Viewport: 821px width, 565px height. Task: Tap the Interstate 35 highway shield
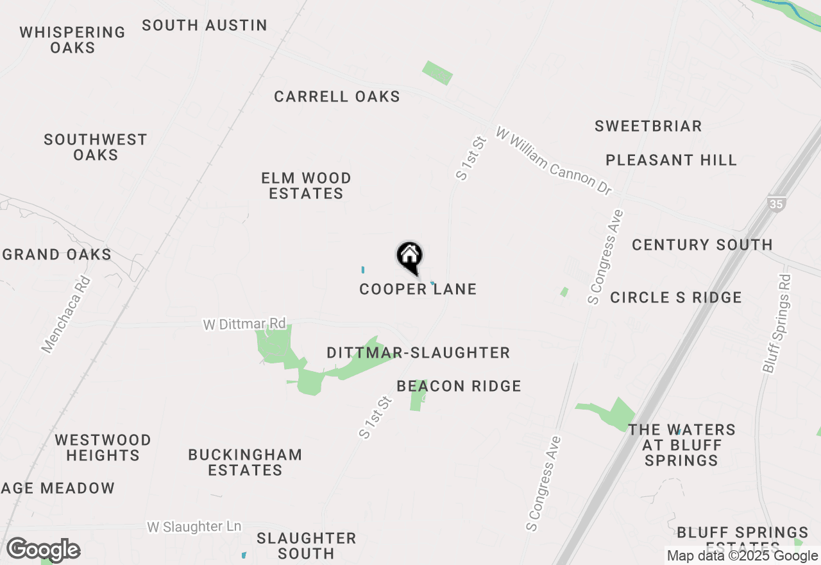tap(775, 204)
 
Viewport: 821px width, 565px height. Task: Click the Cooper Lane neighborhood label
tap(418, 289)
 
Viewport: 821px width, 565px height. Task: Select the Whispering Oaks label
tap(72, 40)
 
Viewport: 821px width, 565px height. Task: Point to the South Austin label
tap(205, 25)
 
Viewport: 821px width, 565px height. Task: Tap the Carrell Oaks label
tap(337, 96)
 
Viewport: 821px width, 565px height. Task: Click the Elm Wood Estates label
tap(306, 186)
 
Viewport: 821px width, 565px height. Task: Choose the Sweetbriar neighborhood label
tap(648, 126)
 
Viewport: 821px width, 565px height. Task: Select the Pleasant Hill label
tap(671, 160)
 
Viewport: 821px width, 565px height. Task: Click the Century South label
tap(702, 245)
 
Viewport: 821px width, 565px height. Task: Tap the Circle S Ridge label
tap(675, 297)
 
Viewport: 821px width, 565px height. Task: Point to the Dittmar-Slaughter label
tap(418, 352)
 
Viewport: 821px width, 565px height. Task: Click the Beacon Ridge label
tap(459, 386)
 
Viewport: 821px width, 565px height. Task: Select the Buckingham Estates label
tap(245, 462)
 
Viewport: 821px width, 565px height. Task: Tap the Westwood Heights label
tap(103, 448)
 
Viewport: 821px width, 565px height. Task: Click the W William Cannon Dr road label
tap(554, 161)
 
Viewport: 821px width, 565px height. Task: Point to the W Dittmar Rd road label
tap(244, 324)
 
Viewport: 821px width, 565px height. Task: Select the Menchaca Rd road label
tap(66, 315)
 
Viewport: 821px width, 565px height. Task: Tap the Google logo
tap(43, 550)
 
